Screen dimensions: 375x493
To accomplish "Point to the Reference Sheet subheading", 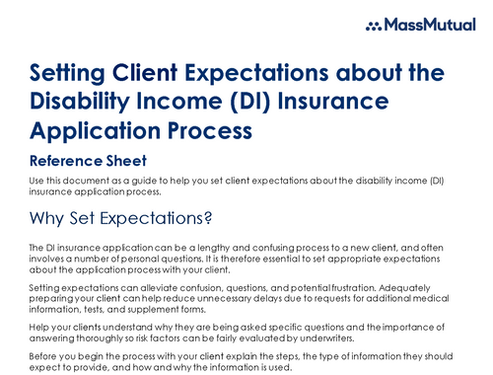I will tap(88, 161).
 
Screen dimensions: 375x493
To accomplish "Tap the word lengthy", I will tap(196, 244).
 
